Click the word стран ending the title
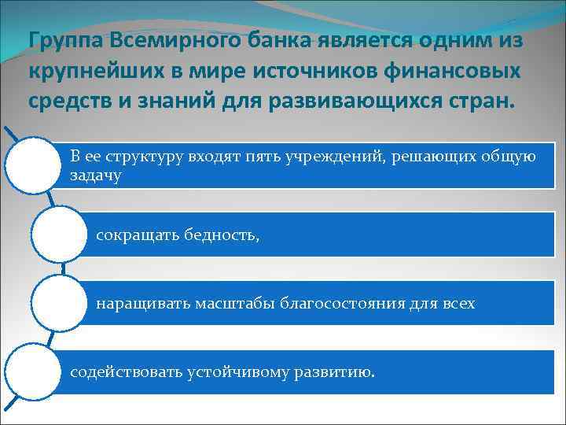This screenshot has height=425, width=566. tap(479, 103)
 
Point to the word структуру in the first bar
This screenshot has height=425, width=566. tap(146, 156)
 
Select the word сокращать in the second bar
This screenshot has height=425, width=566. tap(134, 235)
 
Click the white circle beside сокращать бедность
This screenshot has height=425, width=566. tap(57, 234)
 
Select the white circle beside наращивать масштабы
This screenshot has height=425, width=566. tap(57, 302)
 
